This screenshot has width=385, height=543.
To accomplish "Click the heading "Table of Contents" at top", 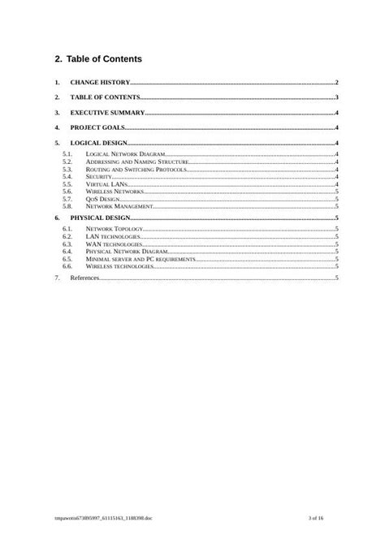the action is click(x=106, y=59).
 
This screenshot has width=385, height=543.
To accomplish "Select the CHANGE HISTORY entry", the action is click(x=100, y=83).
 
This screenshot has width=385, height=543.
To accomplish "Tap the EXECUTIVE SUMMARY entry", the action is click(x=107, y=113).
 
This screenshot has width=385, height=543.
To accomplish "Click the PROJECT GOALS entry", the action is click(x=97, y=128).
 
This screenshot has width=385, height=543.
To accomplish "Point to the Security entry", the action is click(x=98, y=176).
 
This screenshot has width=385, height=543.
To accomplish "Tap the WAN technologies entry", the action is click(x=114, y=243).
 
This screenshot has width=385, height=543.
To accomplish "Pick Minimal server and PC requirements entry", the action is click(x=140, y=259).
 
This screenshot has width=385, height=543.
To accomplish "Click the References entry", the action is click(x=84, y=278).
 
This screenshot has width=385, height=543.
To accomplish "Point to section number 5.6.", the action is click(x=67, y=192).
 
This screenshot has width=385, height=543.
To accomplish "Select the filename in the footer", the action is click(x=102, y=516).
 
